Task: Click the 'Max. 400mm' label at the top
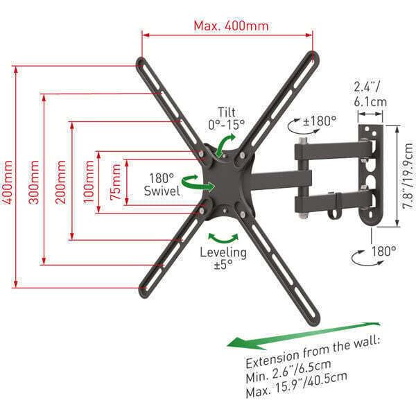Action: pos(231,26)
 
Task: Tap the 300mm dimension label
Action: pos(34,182)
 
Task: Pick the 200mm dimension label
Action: pos(61,182)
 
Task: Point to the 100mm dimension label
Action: pos(89,182)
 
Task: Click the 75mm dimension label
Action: pos(116,182)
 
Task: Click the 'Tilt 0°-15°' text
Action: pos(226,119)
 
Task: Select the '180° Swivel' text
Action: pos(162,184)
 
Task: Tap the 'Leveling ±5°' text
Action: pos(223,258)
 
